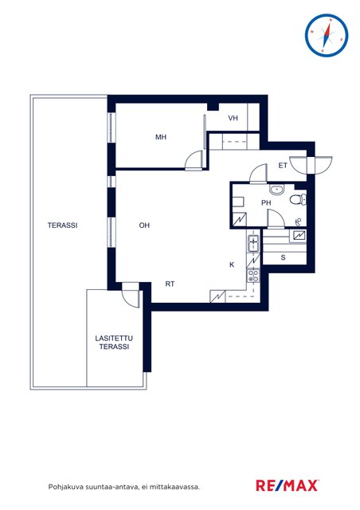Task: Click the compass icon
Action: pos(327,35)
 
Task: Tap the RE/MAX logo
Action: pos(288,485)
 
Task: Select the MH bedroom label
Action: pos(161,137)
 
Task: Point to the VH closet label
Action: pos(233,118)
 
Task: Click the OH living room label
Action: pos(144,225)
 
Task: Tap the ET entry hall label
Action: pos(283,166)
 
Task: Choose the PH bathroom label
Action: pos(266,203)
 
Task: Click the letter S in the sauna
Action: pos(283,257)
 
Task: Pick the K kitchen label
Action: pos(232,265)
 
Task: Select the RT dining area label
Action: pos(170,284)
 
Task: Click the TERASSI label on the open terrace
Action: pos(62,225)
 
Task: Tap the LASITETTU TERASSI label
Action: pos(114,343)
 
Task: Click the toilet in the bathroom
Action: pos(298,199)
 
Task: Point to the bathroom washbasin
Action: pos(276,190)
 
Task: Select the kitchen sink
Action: pos(253,243)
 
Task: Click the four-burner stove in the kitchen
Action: pos(253,277)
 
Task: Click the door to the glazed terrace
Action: pos(130,294)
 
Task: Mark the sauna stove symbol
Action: pos(299,236)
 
